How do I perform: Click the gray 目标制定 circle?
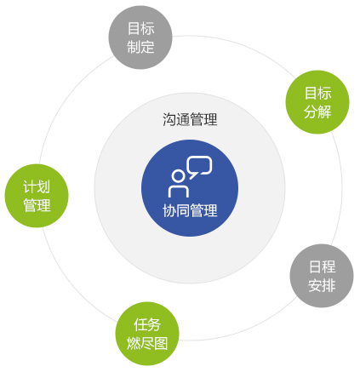coord(140,37)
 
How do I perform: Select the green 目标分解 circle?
coord(317,102)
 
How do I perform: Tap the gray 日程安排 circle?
coord(322,276)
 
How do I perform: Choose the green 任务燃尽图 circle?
coord(147,334)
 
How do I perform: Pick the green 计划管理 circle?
coord(37,196)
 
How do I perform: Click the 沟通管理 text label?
coord(190,119)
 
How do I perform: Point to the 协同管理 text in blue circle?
coord(190,210)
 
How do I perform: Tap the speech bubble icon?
coord(200,167)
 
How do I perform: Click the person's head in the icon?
coord(178,176)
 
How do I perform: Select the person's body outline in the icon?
coord(179,192)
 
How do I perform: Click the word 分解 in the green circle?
coord(317,112)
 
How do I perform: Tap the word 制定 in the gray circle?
coord(140,47)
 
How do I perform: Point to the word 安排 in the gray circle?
coord(322,285)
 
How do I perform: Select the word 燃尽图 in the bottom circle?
coord(147,343)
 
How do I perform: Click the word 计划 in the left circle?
coord(37,186)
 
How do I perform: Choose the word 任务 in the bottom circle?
coord(147,324)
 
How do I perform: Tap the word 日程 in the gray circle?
coord(322,266)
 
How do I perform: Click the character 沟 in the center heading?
coord(169,119)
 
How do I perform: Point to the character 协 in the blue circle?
coord(169,210)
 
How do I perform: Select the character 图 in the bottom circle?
coord(161,343)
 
